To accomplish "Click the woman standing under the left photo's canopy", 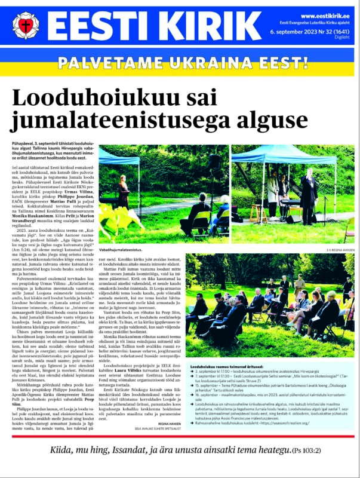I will (124, 192).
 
